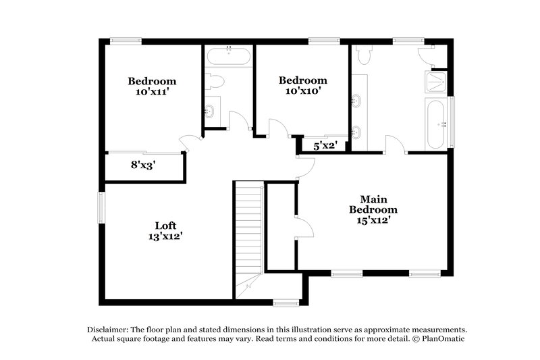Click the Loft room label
(165, 225)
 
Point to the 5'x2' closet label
(325, 145)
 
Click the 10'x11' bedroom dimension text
(153, 92)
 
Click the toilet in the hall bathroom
(215, 82)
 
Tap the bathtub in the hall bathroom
(228, 55)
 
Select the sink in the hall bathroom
(210, 111)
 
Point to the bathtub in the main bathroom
(435, 124)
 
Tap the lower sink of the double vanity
(356, 131)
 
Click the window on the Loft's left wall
(101, 207)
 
